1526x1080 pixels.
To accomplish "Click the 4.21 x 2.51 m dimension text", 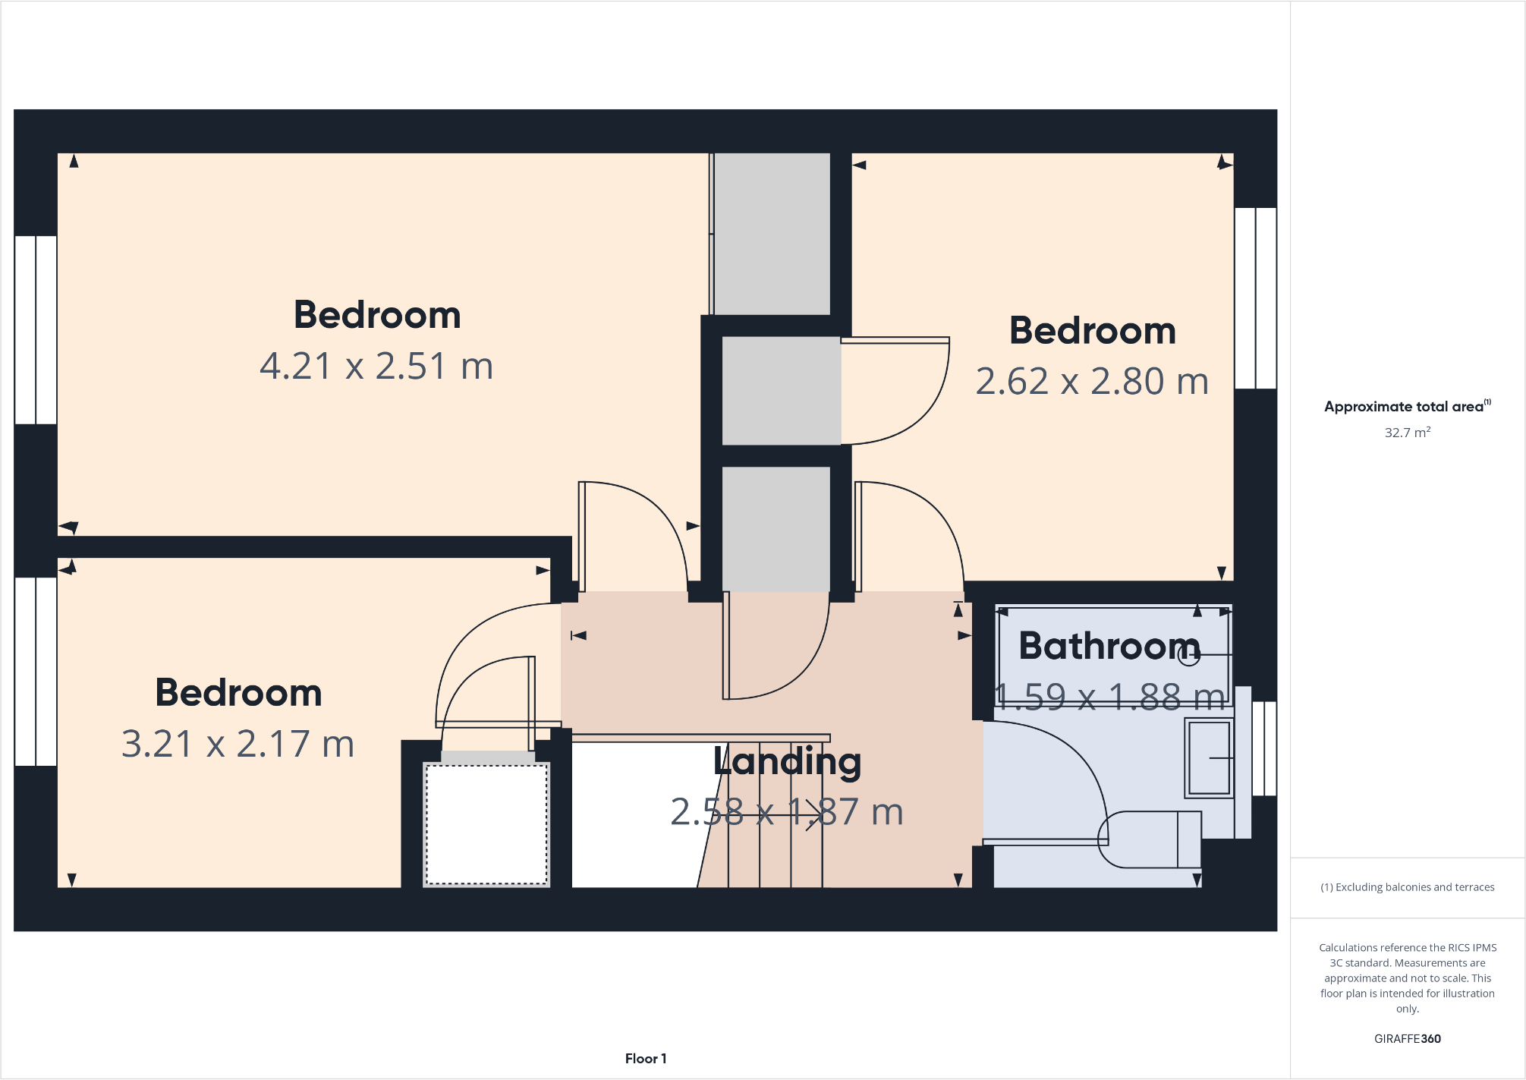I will click(376, 366).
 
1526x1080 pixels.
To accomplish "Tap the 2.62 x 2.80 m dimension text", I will click(1092, 381).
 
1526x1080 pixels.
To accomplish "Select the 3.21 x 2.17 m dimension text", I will click(238, 744).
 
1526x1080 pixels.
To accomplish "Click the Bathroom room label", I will click(1109, 646).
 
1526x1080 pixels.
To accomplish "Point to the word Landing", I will click(788, 761).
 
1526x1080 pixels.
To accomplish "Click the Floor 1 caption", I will click(646, 1059).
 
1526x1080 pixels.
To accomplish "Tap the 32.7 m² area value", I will click(1408, 433).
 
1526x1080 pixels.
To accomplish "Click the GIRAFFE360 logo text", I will click(1408, 1039).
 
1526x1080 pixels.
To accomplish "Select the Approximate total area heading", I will click(1405, 407).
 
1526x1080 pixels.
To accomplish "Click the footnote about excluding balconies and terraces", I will click(1408, 887).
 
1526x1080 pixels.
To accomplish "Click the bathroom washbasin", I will click(1208, 757).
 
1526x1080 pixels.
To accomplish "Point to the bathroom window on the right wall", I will click(1264, 748).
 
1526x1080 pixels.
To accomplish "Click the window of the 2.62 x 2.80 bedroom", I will click(1256, 298).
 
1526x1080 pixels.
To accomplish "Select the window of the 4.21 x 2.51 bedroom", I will click(36, 329).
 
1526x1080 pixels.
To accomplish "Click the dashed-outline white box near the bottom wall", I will click(486, 824).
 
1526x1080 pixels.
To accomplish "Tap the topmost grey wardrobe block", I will click(772, 234).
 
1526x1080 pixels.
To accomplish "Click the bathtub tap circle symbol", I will click(1189, 655).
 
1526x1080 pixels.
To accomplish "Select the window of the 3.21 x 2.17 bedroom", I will click(36, 672).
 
